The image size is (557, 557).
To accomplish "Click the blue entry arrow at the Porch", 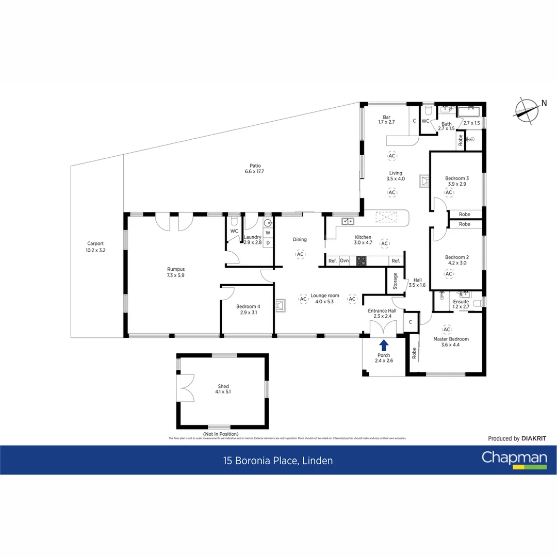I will pyautogui.click(x=384, y=345).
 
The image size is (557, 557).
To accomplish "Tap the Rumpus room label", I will pyautogui.click(x=175, y=269).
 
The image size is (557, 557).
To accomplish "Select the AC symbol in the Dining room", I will pyautogui.click(x=300, y=254).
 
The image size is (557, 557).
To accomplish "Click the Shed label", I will pyautogui.click(x=223, y=386).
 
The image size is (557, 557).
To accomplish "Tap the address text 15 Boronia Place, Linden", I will pyautogui.click(x=278, y=461).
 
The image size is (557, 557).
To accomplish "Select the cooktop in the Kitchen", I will pyautogui.click(x=361, y=261).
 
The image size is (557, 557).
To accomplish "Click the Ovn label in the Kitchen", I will pyautogui.click(x=344, y=261).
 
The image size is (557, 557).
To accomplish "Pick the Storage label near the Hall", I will pyautogui.click(x=396, y=281).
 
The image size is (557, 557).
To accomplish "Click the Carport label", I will pyautogui.click(x=95, y=243).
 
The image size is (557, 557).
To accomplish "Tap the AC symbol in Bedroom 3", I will pyautogui.click(x=449, y=192).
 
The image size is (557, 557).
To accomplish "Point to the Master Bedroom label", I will pyautogui.click(x=451, y=339).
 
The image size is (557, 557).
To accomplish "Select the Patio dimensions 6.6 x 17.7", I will pyautogui.click(x=253, y=172).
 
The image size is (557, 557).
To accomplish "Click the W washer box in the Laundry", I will pyautogui.click(x=268, y=233).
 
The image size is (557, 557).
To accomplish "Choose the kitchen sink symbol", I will pyautogui.click(x=348, y=222).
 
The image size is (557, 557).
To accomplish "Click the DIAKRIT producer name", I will pyautogui.click(x=533, y=438).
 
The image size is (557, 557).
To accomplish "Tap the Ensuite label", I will pyautogui.click(x=461, y=302).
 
